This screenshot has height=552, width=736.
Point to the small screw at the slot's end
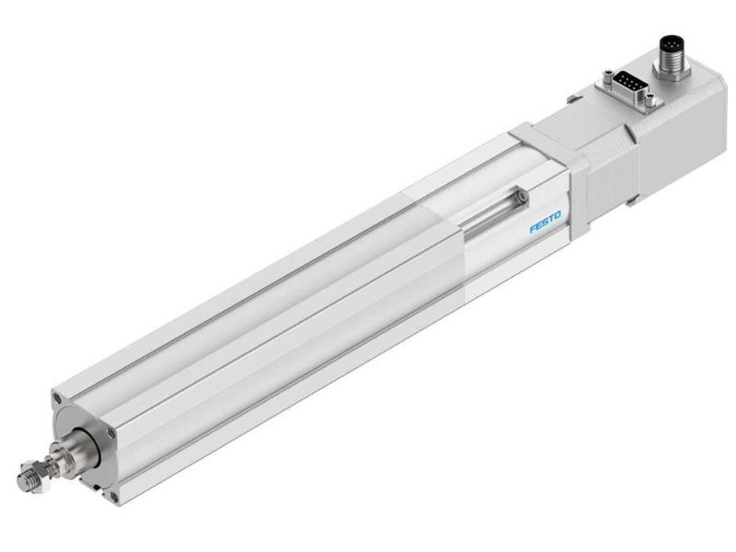tap(522, 195)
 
